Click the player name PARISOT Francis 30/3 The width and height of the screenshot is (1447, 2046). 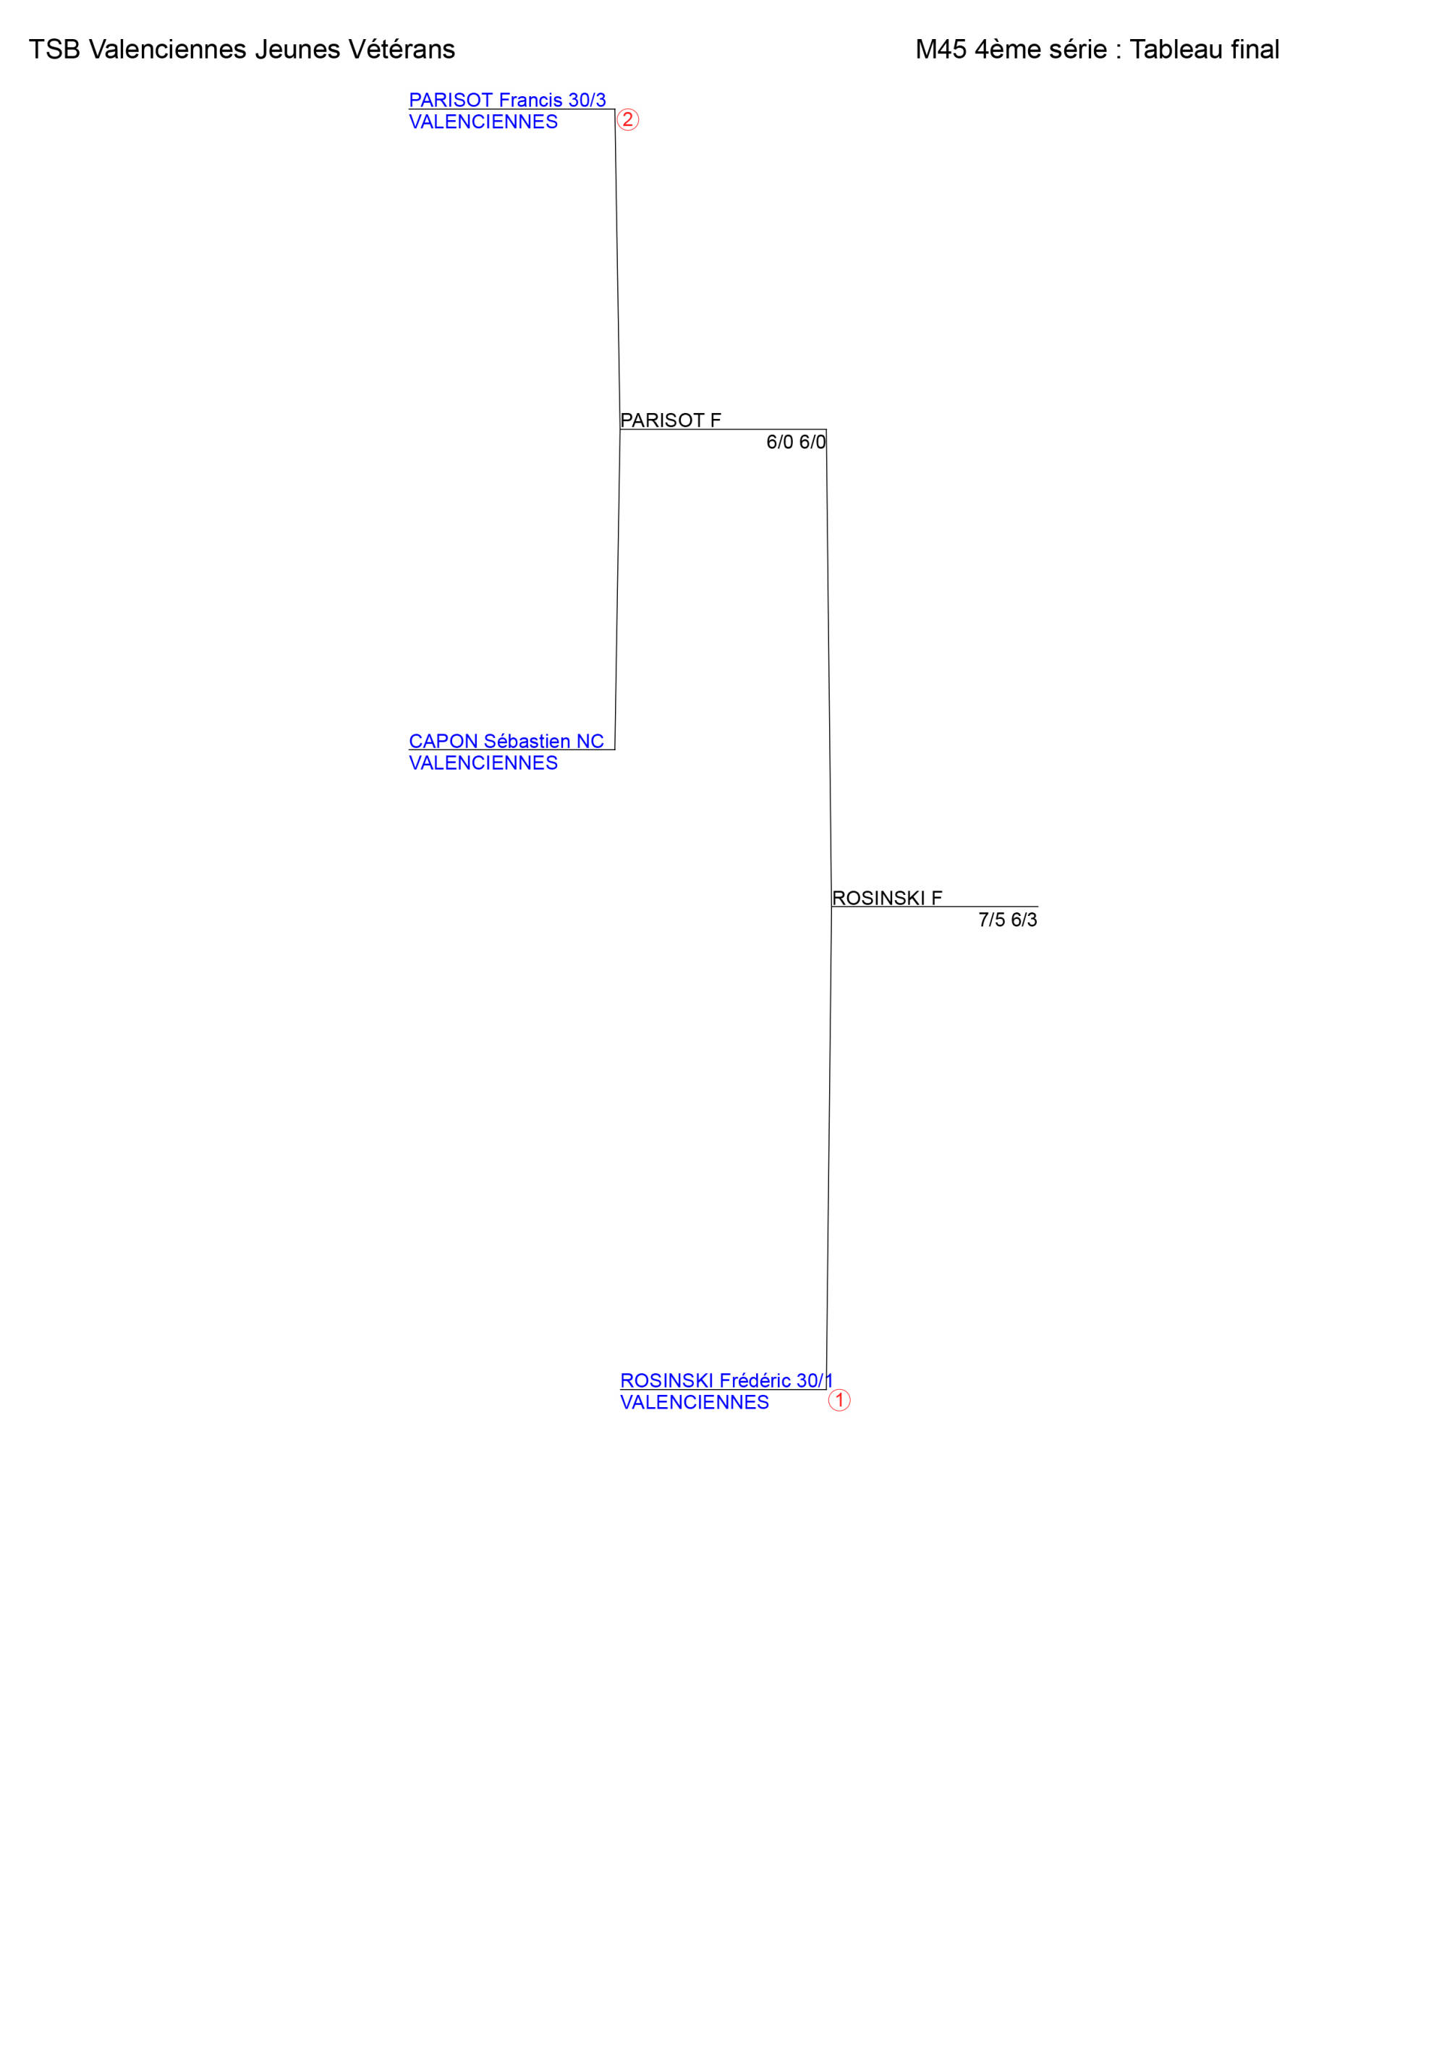[507, 100]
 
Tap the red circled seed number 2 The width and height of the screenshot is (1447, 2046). [628, 119]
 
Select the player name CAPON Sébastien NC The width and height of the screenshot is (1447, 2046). [506, 741]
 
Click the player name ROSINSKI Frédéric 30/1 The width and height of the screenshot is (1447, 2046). [726, 1380]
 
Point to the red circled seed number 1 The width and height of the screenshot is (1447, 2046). [839, 1400]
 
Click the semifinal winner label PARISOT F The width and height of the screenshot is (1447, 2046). [671, 420]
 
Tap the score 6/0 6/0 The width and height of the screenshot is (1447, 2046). [796, 442]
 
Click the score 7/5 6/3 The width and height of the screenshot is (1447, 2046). [1008, 920]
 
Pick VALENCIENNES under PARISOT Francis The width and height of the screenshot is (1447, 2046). [483, 122]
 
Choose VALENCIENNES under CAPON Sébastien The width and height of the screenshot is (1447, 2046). [483, 763]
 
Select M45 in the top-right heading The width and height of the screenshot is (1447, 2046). [941, 49]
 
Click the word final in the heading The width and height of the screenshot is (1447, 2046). [1255, 49]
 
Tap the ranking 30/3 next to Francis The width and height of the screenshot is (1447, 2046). [587, 100]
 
